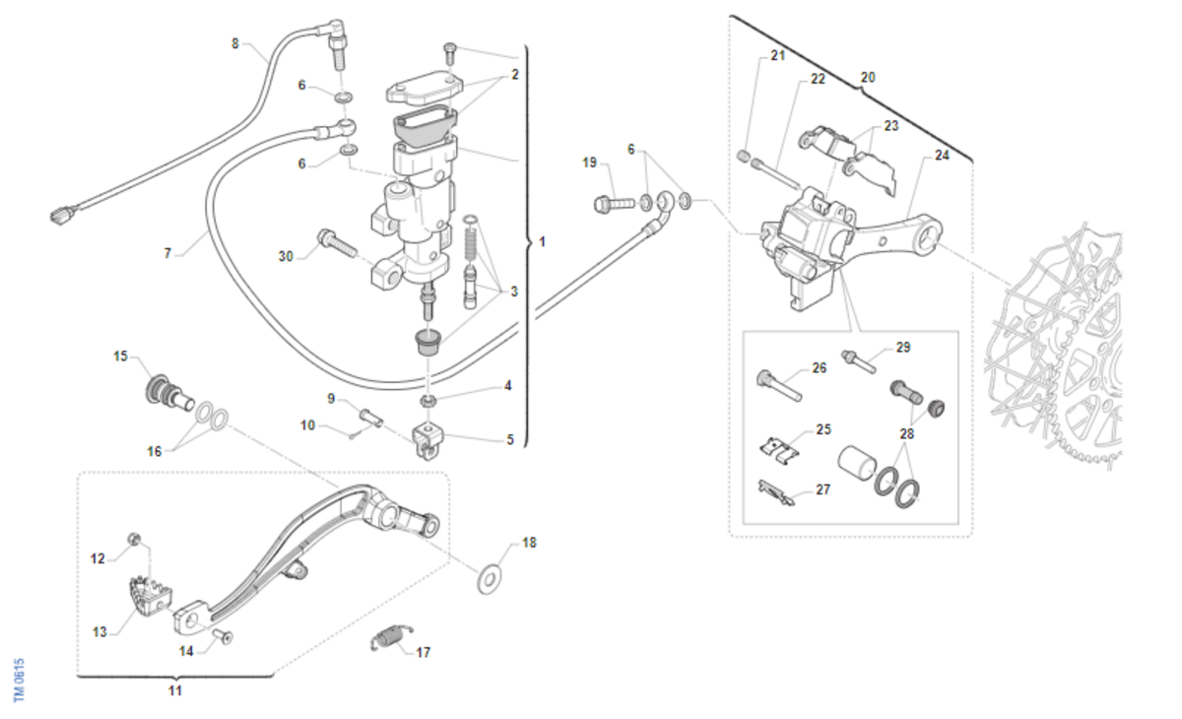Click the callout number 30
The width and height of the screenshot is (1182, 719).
pos(286,256)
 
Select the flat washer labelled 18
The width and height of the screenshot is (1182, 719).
pos(490,579)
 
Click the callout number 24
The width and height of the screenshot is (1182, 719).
pos(942,155)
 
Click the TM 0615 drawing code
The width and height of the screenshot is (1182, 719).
pos(19,680)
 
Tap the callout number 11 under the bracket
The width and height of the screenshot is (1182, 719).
pos(174,690)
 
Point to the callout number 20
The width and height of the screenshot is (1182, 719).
pos(867,76)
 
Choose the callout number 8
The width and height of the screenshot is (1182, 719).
pos(234,43)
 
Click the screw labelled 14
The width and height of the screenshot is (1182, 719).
pos(223,637)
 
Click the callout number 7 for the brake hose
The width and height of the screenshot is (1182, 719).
pos(168,253)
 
